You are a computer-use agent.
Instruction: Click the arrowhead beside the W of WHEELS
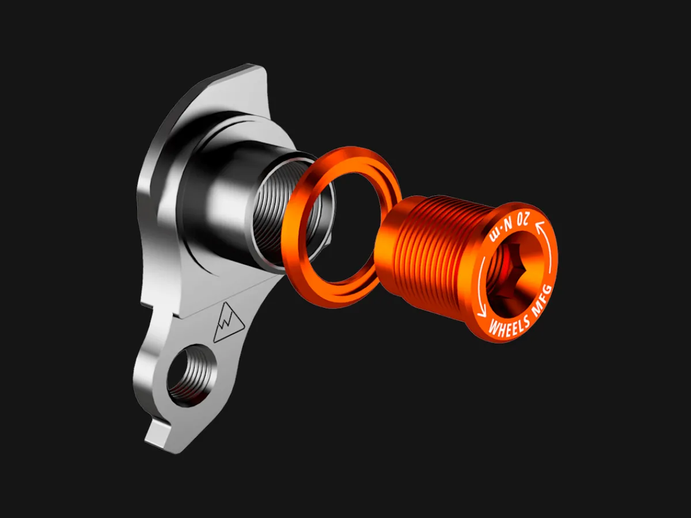point(481,313)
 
